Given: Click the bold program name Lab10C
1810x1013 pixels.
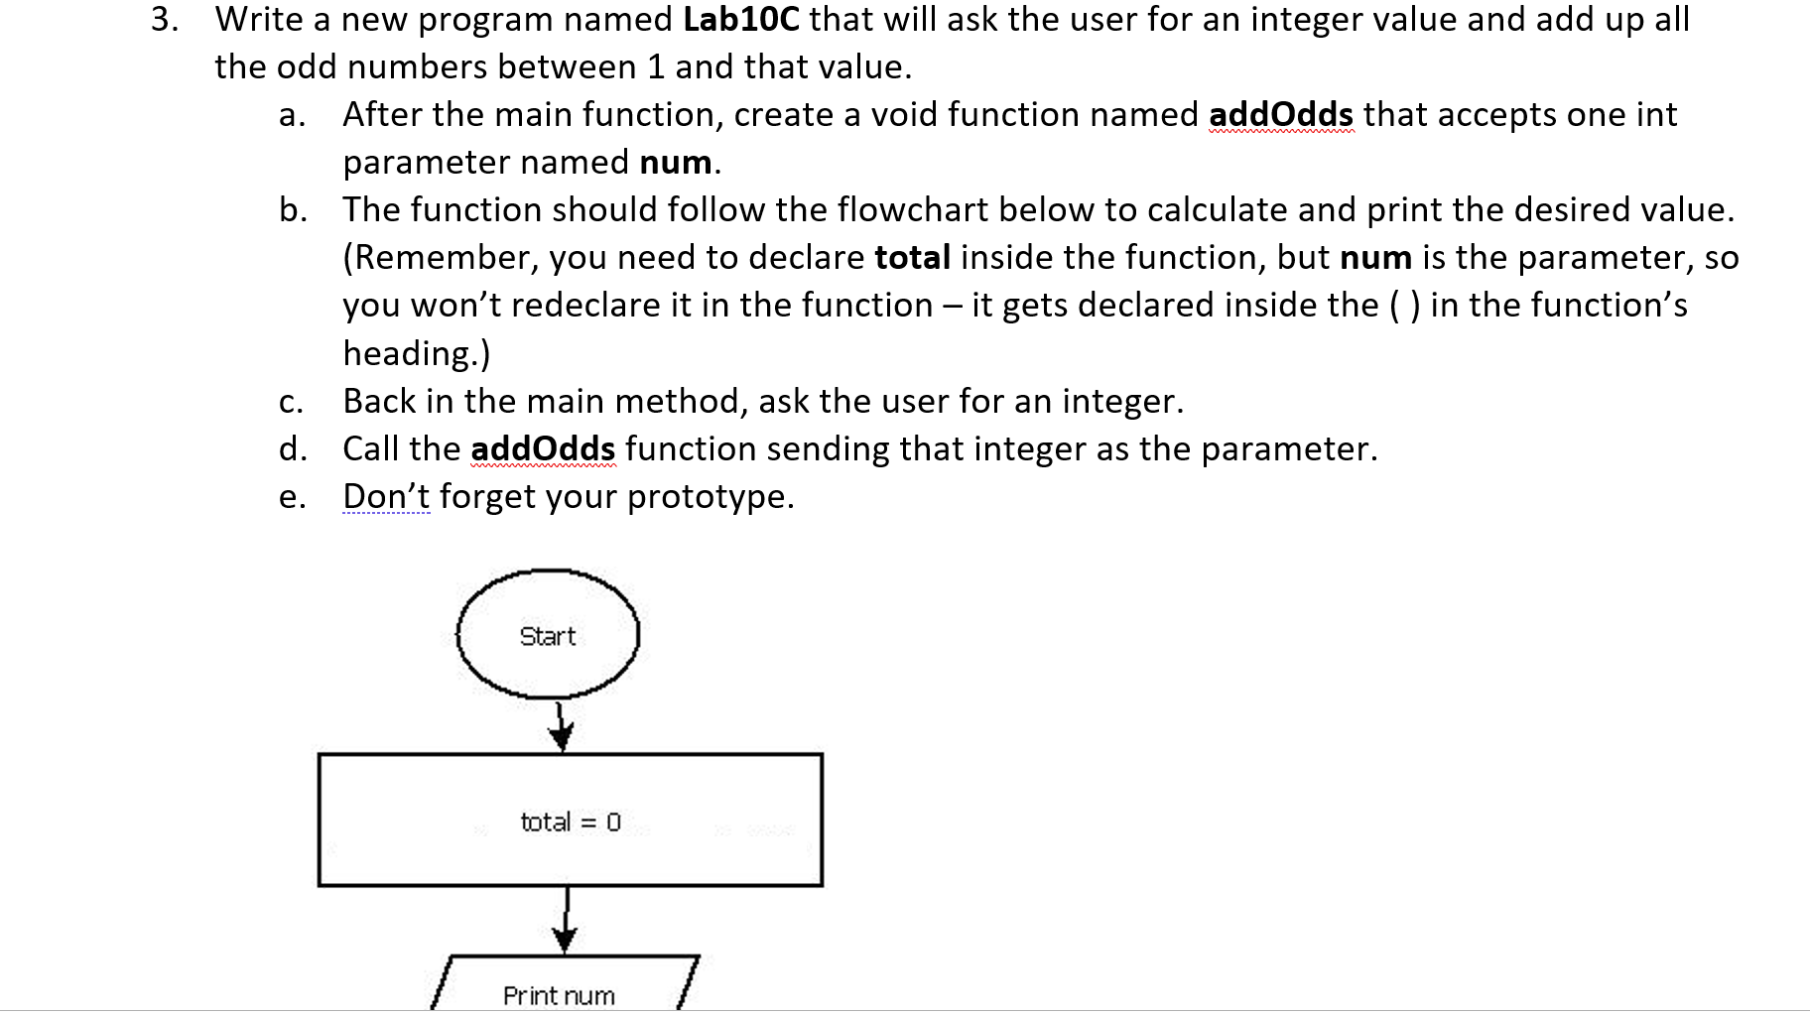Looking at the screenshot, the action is (x=740, y=20).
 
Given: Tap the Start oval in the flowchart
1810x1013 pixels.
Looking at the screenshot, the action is (x=548, y=636).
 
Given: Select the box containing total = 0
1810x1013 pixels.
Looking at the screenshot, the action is (x=570, y=821).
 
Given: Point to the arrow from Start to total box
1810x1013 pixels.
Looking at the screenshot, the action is (x=562, y=727).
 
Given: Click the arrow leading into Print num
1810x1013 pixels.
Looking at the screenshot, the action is (x=566, y=920).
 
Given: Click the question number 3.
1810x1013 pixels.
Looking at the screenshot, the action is (x=164, y=20).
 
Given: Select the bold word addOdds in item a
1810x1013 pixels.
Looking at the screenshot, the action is (x=1280, y=115).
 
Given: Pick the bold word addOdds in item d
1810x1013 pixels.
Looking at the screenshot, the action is (x=543, y=449).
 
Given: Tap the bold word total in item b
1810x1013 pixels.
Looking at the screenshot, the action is (x=912, y=258).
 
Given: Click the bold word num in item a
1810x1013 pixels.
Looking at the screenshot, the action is (x=676, y=163).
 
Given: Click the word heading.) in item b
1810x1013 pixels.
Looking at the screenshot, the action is (x=417, y=353).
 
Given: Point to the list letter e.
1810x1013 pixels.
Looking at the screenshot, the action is (x=292, y=497).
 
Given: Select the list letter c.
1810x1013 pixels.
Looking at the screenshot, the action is (x=291, y=402).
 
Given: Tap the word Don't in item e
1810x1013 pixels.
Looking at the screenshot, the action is (x=386, y=496).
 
